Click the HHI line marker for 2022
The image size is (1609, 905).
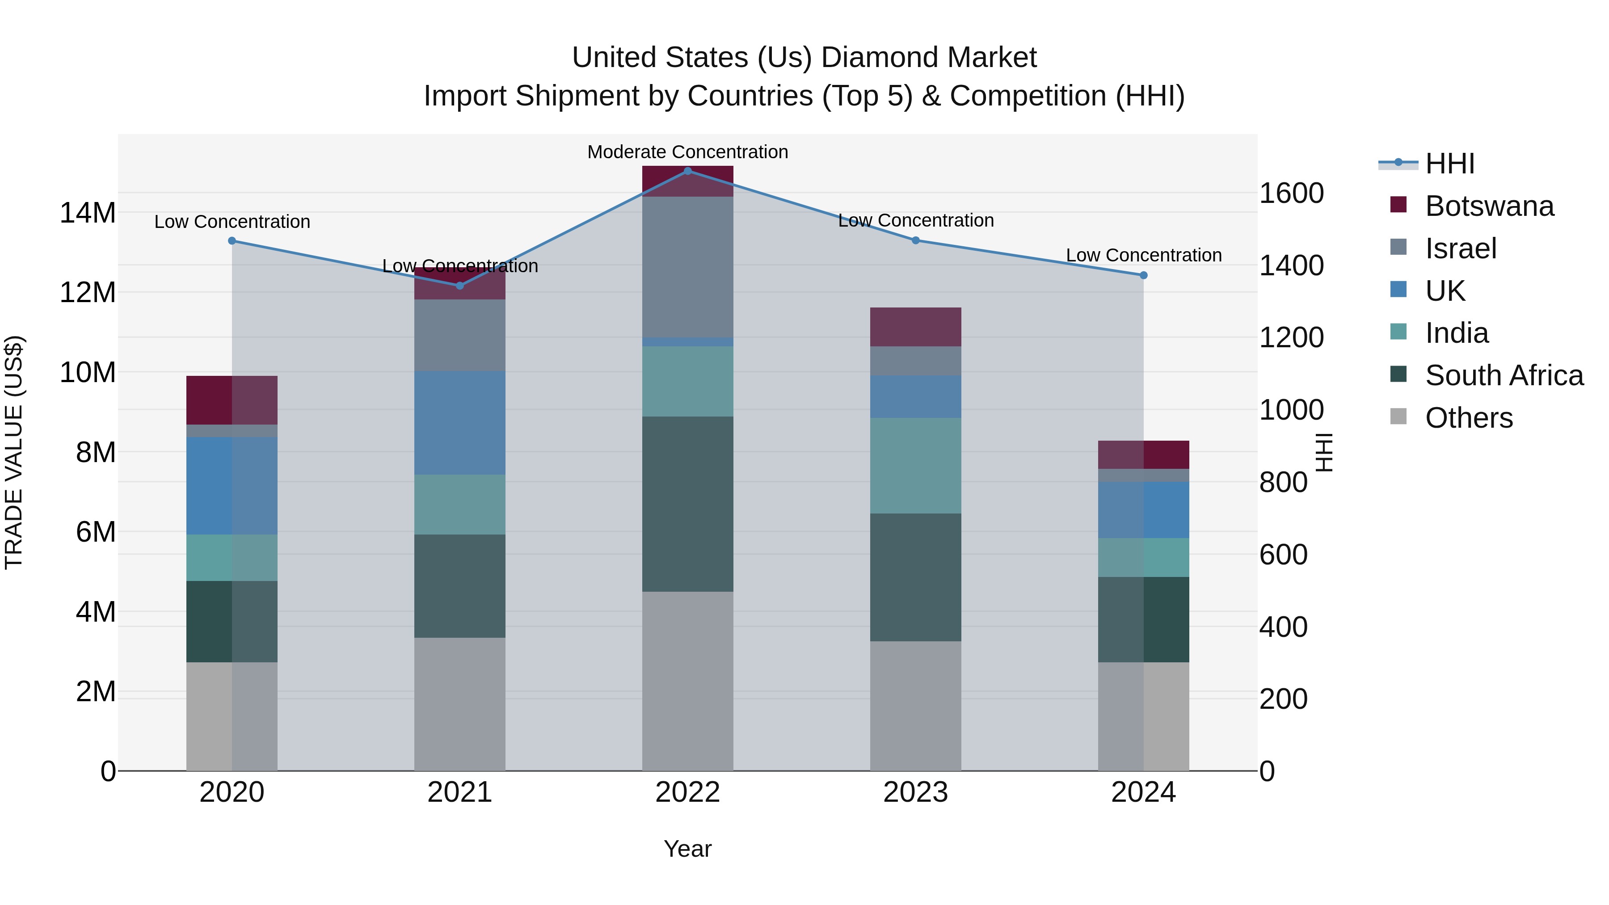pos(688,171)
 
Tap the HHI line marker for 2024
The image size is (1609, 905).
pos(1144,275)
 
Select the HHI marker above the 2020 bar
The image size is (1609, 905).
pos(232,240)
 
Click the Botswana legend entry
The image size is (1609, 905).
pos(1489,206)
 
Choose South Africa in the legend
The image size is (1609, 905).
pos(1504,375)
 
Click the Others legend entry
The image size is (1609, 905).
pos(1469,418)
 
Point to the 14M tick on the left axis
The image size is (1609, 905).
pos(88,213)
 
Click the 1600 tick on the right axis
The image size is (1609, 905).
pos(1291,193)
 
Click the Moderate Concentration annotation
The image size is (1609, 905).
pos(688,152)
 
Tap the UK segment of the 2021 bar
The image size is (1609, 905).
pos(460,423)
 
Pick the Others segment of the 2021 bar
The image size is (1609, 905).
pos(460,704)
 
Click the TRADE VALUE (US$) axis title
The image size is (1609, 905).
pos(14,452)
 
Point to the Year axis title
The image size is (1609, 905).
pos(688,849)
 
